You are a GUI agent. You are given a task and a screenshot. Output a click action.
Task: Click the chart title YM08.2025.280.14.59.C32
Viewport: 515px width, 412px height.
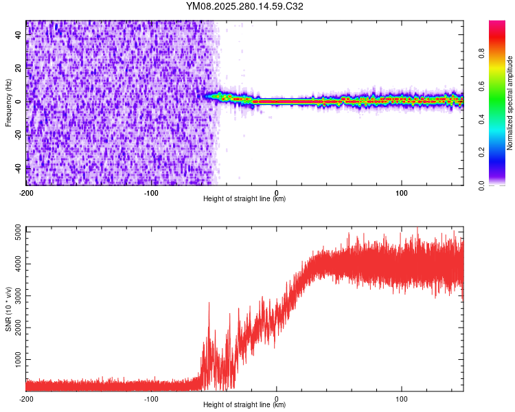tap(244, 6)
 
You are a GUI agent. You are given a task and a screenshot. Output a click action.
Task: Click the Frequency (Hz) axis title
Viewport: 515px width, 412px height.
tap(8, 103)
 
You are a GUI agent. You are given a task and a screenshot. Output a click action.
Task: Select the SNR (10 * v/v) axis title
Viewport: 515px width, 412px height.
tap(8, 308)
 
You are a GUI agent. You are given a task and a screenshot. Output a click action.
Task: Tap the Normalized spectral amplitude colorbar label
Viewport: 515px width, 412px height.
tap(510, 103)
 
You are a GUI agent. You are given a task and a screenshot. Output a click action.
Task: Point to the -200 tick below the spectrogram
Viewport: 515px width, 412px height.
tap(26, 192)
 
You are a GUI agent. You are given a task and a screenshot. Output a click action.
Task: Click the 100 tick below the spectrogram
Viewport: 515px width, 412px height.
tap(402, 192)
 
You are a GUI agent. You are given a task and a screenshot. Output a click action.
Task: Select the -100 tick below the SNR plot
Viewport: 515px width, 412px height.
tap(151, 398)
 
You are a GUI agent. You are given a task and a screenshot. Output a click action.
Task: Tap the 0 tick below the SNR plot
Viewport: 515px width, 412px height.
tap(277, 398)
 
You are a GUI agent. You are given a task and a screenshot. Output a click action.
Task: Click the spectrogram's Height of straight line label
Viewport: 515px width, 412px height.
tap(244, 199)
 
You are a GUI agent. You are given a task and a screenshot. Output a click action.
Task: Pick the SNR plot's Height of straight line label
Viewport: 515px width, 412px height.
tap(244, 405)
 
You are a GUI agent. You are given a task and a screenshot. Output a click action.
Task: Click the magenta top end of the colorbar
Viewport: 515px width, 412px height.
tap(497, 24)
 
